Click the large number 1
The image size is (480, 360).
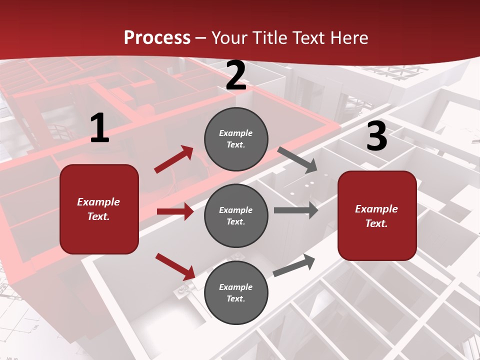(99, 128)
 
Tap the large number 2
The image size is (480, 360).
(236, 76)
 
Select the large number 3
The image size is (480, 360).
(376, 136)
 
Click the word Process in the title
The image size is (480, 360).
(157, 37)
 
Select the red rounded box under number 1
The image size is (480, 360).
(99, 209)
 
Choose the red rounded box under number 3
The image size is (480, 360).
(377, 215)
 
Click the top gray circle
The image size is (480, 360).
(236, 139)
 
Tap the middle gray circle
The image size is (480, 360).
(236, 215)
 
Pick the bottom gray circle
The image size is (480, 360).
(236, 292)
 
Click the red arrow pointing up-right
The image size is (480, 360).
(174, 159)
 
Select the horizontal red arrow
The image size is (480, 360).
(175, 211)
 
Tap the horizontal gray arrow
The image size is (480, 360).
(295, 210)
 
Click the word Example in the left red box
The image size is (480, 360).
(98, 202)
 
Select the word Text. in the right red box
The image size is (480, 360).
(376, 223)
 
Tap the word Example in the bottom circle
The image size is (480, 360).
(236, 287)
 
